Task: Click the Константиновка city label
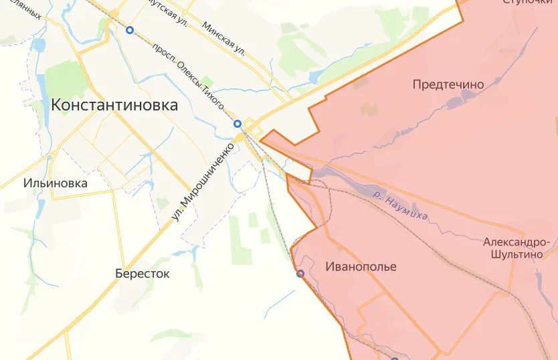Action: click(114, 105)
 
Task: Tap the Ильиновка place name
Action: click(56, 183)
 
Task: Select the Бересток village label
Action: click(142, 274)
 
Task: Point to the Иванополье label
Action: click(361, 267)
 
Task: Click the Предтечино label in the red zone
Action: click(448, 84)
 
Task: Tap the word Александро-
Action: click(521, 242)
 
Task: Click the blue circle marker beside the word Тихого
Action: click(237, 123)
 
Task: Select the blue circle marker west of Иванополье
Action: click(300, 273)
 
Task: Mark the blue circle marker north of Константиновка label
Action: click(130, 29)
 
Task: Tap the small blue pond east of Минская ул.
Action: click(315, 76)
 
